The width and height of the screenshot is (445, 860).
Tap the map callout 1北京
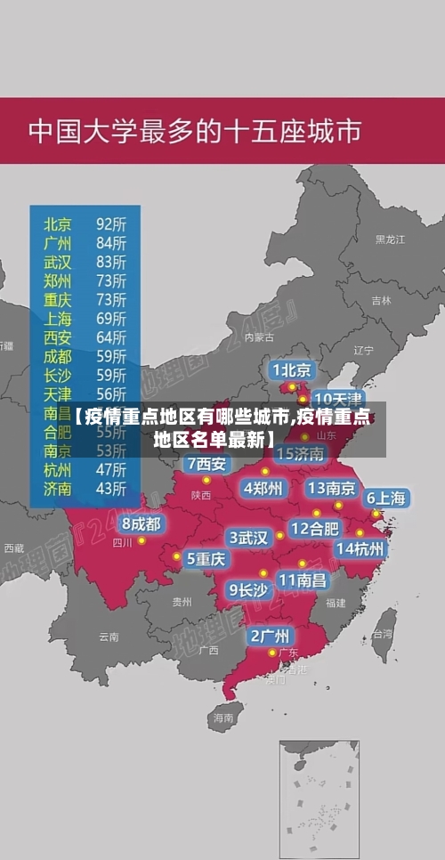pos(292,369)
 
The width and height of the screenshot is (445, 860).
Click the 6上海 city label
pos(387,499)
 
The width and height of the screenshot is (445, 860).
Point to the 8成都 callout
pos(142,524)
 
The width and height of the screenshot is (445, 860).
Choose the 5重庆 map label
pos(206,558)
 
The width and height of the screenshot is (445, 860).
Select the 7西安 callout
pos(207,464)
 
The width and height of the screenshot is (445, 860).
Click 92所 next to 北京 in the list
pos(111,223)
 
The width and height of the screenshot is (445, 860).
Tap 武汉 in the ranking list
pos(58,262)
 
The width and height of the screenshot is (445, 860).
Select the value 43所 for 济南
pos(111,488)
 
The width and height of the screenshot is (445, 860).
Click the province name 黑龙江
pos(390,239)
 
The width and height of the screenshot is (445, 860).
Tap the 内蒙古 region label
pos(259,337)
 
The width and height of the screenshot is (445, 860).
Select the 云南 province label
pos(109,637)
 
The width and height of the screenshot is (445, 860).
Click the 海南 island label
pos(222,717)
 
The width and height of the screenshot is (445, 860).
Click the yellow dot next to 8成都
pos(142,540)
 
